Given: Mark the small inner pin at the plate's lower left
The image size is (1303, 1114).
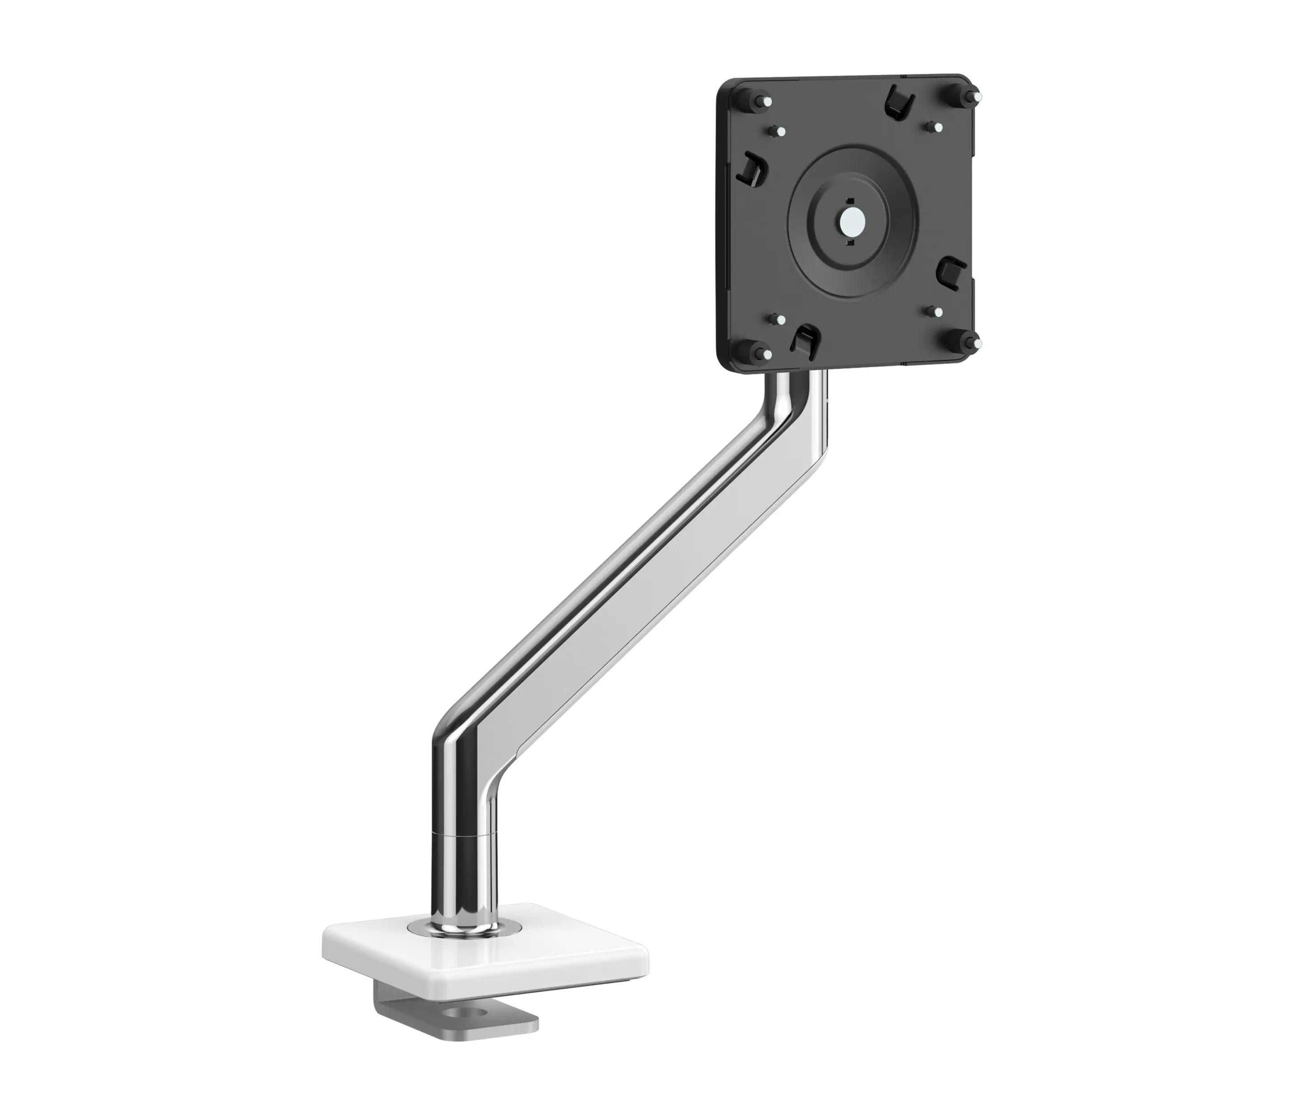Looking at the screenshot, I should point(777,318).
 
